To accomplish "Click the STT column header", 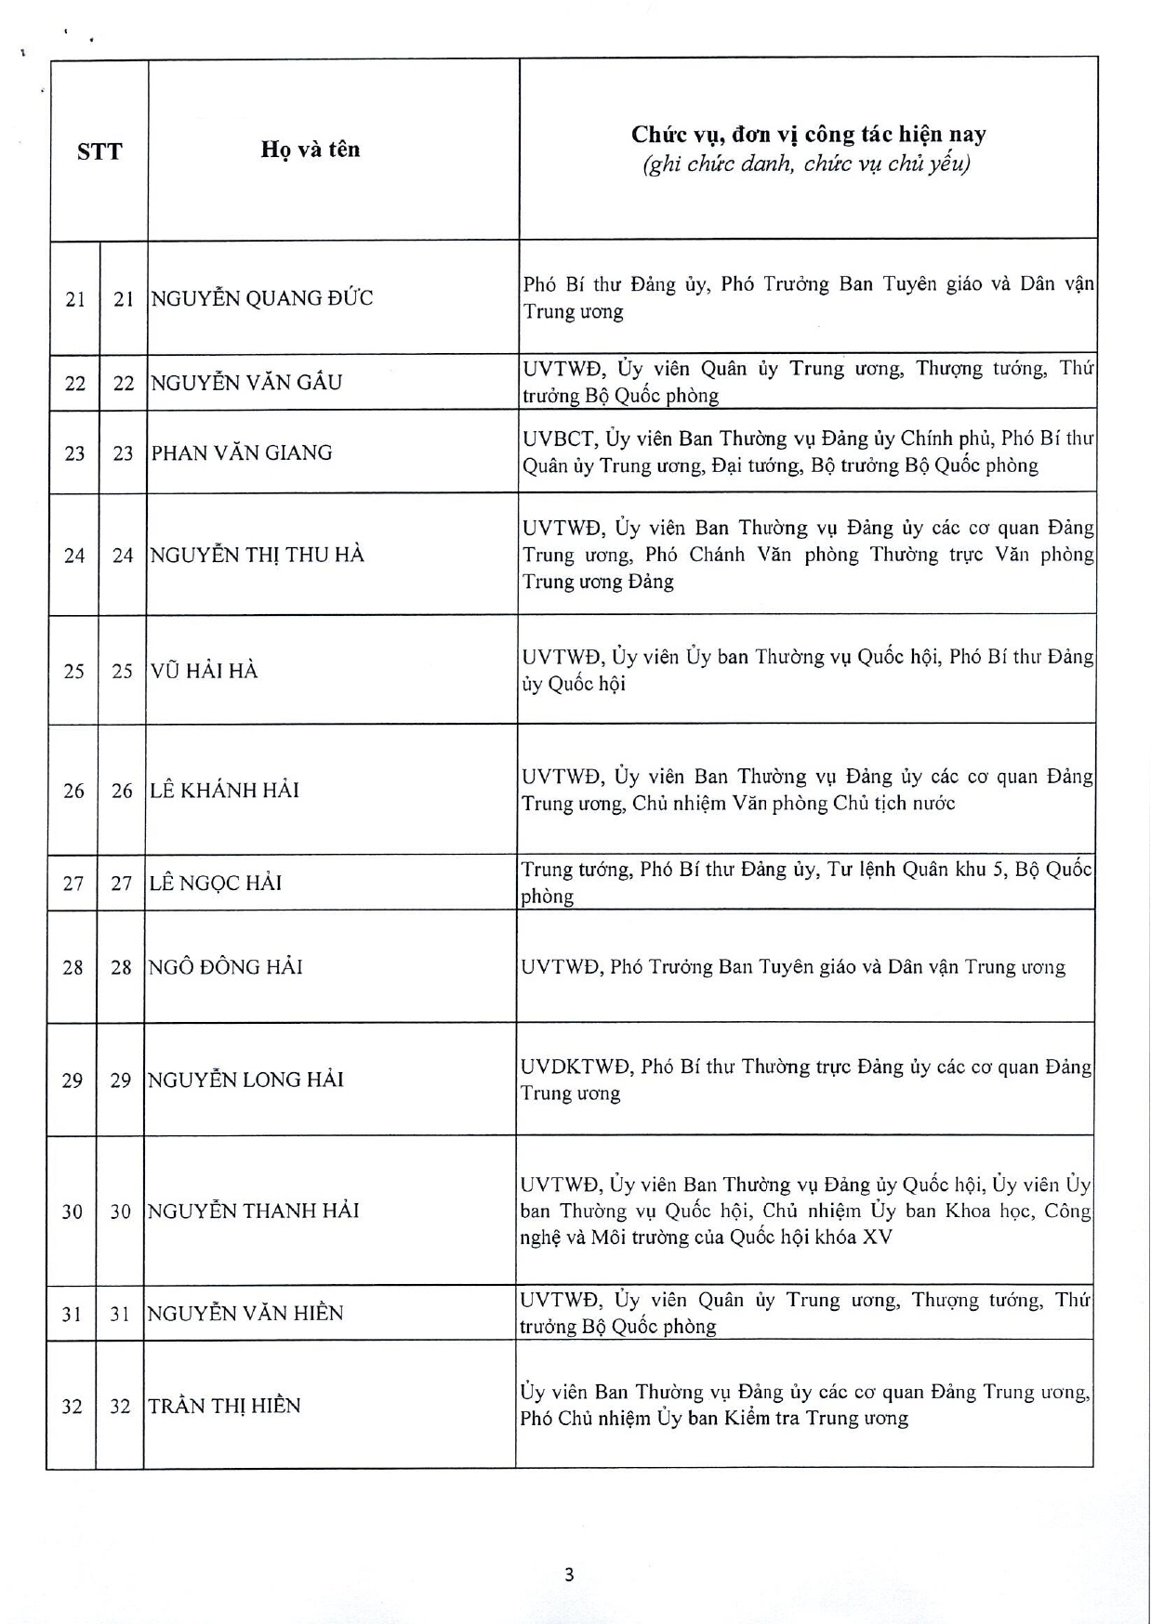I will (99, 151).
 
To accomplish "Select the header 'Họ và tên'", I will (311, 150).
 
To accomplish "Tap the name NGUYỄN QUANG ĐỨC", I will (262, 298).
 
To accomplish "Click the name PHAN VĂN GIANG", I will (242, 452).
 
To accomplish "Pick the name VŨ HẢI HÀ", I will (204, 670).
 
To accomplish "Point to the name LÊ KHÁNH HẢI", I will (224, 791).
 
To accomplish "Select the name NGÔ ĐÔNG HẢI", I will (226, 967).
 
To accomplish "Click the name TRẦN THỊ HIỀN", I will (224, 1406).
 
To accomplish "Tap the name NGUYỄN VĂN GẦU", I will (246, 382).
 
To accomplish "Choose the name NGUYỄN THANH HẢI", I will (253, 1211).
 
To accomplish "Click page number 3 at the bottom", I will (569, 1574).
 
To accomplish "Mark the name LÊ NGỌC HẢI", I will (216, 883).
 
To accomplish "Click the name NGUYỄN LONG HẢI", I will (245, 1080).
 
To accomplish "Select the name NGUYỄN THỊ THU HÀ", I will (258, 555).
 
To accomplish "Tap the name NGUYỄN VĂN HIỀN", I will (245, 1313).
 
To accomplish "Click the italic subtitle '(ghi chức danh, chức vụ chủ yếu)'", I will (807, 165).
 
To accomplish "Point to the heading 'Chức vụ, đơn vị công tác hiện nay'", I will (808, 135).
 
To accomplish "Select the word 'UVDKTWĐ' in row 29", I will (575, 1067).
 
